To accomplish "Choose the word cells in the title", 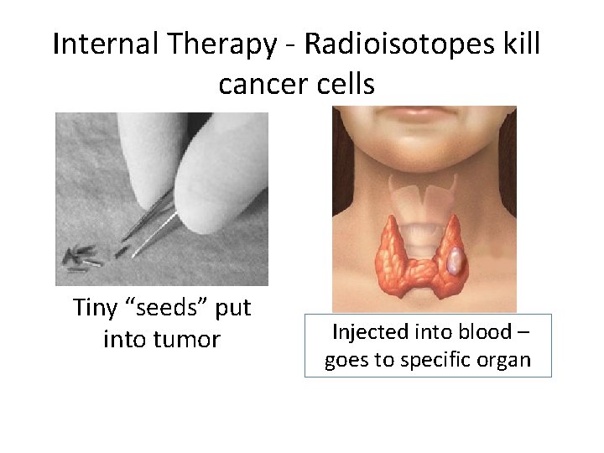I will [x=346, y=85].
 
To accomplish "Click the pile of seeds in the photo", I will [x=82, y=257].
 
